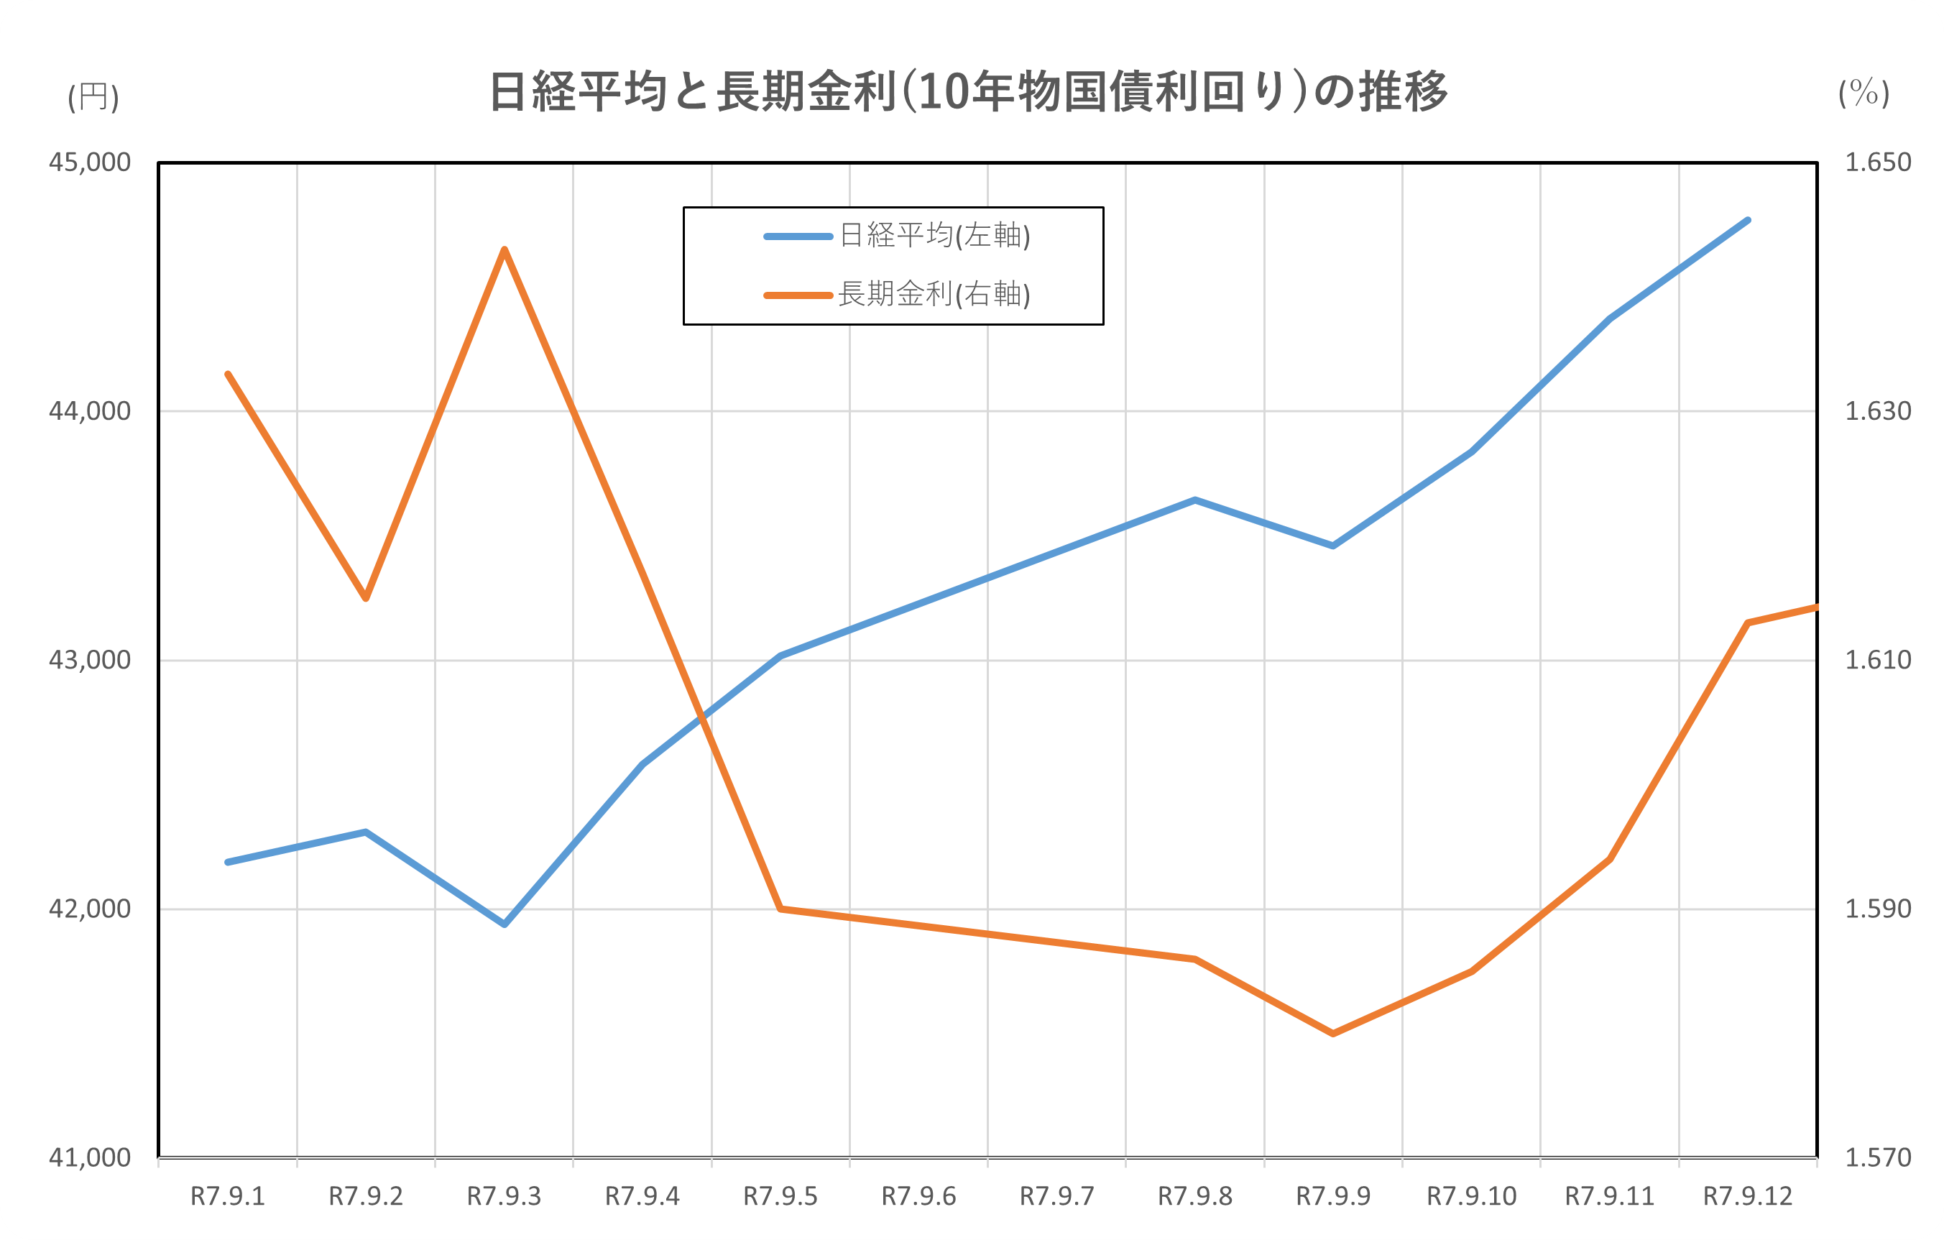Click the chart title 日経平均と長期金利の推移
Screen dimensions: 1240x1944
point(968,92)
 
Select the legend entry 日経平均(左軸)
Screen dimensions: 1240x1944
point(935,236)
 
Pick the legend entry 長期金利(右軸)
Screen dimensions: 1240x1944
point(934,295)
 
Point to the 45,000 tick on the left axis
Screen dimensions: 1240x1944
point(90,162)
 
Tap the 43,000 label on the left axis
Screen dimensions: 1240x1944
point(90,661)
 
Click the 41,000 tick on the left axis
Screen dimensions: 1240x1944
point(90,1157)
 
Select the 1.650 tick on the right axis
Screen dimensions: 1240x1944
point(1878,162)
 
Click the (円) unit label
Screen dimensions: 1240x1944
point(93,97)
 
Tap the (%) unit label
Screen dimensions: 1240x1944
point(1864,93)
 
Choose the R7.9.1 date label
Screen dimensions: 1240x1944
point(228,1196)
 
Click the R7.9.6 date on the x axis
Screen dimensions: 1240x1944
point(918,1196)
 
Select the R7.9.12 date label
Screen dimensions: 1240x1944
point(1748,1196)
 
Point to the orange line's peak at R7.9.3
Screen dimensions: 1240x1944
point(505,249)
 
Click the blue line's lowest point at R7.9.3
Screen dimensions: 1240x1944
point(505,924)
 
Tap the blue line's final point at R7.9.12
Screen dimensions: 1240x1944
point(1748,219)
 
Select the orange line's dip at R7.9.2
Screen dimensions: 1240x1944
point(366,598)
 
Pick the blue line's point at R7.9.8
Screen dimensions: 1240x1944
point(1195,500)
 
